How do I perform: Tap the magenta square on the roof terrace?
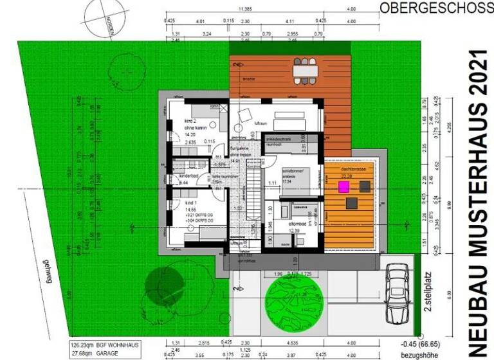click(343, 186)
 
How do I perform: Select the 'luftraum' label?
click(261, 121)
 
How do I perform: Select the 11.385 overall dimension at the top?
click(244, 9)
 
